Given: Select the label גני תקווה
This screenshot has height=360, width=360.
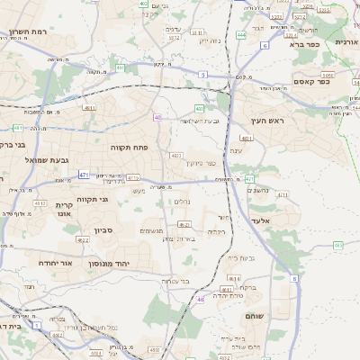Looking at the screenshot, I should pyautogui.click(x=92, y=199).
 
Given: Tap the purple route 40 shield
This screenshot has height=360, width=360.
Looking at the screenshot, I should pyautogui.click(x=157, y=117).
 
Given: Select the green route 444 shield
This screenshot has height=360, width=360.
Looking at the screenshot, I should pyautogui.click(x=241, y=35).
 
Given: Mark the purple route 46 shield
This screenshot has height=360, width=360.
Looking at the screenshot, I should pyautogui.click(x=201, y=298).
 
